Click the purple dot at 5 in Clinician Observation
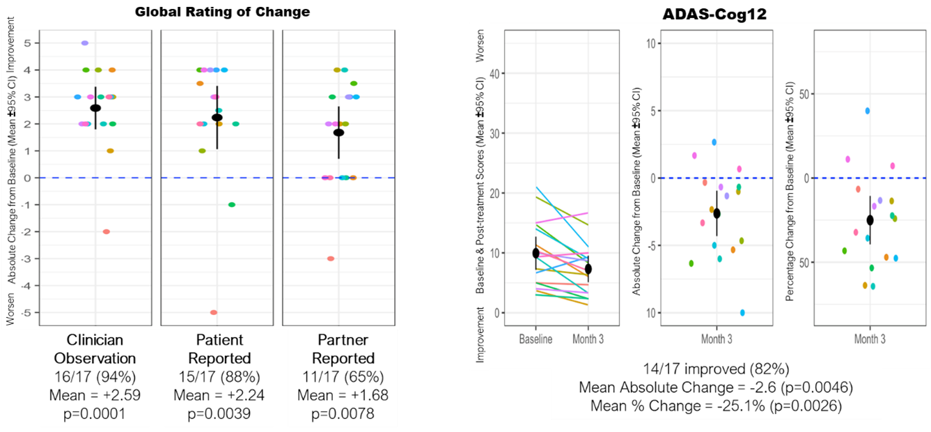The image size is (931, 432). (x=85, y=43)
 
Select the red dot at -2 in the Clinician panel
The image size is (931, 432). (x=107, y=231)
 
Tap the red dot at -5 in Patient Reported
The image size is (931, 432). (x=214, y=312)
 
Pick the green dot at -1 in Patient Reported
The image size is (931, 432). (x=232, y=205)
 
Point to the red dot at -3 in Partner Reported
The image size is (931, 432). (x=331, y=259)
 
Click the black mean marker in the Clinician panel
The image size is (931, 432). (x=95, y=108)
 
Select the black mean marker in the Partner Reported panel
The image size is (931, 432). (x=338, y=132)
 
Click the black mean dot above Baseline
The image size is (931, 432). (x=535, y=253)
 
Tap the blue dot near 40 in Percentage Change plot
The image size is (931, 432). (x=868, y=111)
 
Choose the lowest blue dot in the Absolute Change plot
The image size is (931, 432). (x=742, y=313)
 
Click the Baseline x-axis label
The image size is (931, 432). (x=535, y=339)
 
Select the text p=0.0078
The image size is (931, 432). (x=343, y=413)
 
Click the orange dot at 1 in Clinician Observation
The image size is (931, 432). (x=110, y=151)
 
